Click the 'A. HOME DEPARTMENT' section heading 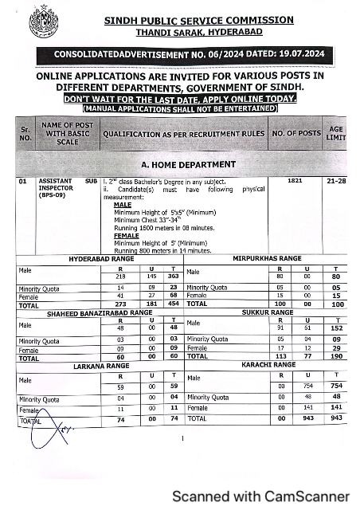click(x=184, y=164)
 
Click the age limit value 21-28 click(x=335, y=182)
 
